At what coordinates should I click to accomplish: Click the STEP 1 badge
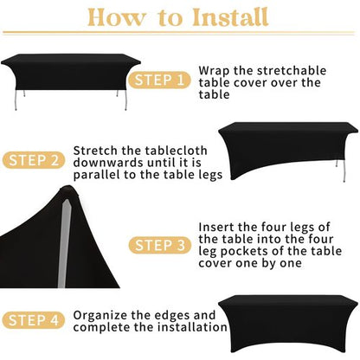(158, 80)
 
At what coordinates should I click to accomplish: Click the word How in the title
(113, 16)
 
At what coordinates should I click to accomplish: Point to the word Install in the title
(228, 16)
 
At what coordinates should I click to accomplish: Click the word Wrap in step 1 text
(215, 68)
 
